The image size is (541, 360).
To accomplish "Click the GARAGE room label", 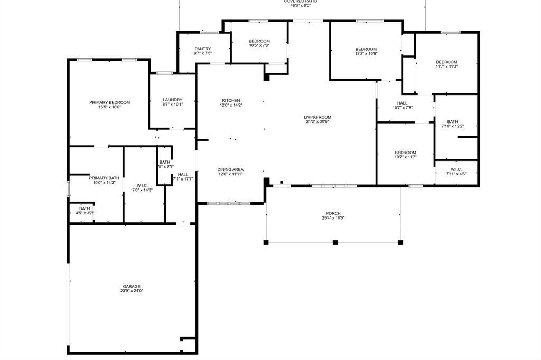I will click(x=132, y=286).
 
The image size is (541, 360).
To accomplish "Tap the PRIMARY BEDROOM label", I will click(x=109, y=102).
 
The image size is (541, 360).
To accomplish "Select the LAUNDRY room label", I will click(x=172, y=100).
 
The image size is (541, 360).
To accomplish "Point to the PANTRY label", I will click(x=202, y=49).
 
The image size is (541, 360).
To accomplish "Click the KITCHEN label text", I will click(x=230, y=100).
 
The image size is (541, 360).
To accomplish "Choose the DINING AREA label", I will click(x=230, y=169).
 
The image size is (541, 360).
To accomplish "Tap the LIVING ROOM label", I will click(x=317, y=117).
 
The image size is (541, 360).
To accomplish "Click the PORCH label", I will click(x=333, y=213).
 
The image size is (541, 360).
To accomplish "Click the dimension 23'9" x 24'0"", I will click(x=132, y=291).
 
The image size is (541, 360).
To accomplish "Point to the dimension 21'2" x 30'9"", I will click(x=317, y=122).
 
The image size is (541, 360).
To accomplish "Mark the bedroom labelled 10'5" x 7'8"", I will click(x=259, y=43).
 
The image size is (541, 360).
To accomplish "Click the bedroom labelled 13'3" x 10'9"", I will click(x=366, y=51).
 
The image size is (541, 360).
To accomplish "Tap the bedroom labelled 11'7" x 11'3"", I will click(x=446, y=64).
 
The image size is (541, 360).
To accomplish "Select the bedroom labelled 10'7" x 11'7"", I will click(x=405, y=154).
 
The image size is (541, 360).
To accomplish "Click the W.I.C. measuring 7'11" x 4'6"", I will click(x=456, y=171).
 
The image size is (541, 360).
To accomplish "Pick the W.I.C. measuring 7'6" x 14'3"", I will click(x=142, y=187).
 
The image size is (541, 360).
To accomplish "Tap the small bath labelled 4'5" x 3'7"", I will click(x=85, y=211).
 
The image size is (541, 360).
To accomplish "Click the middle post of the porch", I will click(x=335, y=242).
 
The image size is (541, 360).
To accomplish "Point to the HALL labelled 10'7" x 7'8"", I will click(x=402, y=105).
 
